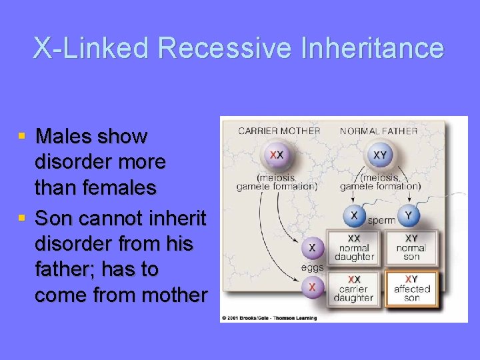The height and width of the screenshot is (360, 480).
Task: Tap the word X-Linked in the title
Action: [92, 49]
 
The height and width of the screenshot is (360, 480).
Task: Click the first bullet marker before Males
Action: [22, 136]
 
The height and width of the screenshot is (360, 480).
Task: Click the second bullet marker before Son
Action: [22, 218]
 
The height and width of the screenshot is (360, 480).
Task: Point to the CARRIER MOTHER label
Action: [279, 131]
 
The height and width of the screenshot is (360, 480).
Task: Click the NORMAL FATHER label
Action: [379, 131]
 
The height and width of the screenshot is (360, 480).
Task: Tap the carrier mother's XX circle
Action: [276, 155]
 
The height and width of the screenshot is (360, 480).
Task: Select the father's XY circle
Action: [379, 155]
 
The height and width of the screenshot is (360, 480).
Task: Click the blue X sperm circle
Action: [354, 215]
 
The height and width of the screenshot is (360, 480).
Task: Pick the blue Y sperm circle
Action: [409, 215]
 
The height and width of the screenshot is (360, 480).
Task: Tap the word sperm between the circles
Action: [381, 219]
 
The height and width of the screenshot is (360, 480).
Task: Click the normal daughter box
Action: [354, 247]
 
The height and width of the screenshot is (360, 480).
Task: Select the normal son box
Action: [411, 247]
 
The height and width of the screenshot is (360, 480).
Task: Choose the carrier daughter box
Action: [354, 289]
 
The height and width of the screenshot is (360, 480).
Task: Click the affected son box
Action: [411, 289]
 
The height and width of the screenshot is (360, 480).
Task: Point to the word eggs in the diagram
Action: [312, 267]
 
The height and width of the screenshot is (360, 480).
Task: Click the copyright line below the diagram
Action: [269, 318]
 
